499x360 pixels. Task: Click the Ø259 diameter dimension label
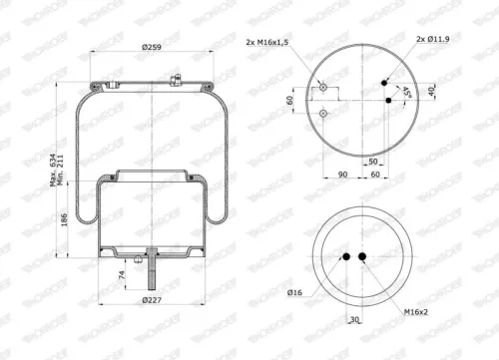coord(150,49)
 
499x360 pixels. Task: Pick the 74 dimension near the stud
coord(123,273)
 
